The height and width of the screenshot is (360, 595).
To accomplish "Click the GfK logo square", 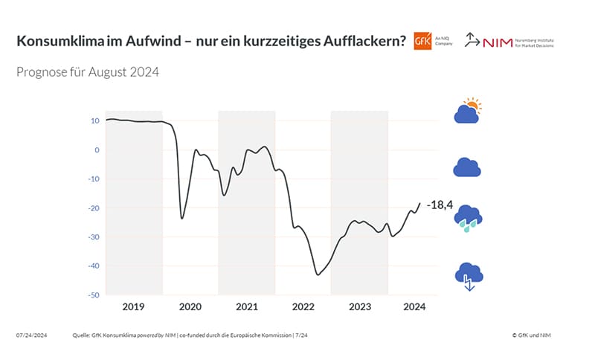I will coord(422,41).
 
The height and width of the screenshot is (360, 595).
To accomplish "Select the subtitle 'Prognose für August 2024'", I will coord(88,73).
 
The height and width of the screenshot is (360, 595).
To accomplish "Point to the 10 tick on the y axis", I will coord(95,120).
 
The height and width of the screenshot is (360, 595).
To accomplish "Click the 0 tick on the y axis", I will coord(97,150).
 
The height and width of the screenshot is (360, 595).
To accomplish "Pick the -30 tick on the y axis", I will coord(94,237).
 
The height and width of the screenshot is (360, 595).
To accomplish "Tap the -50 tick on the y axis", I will coord(94,295).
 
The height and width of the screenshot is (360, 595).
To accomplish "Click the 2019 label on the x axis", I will coord(134,306).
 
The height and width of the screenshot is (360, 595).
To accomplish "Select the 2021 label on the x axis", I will coord(246,306).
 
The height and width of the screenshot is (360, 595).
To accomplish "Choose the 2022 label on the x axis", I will coord(303,306).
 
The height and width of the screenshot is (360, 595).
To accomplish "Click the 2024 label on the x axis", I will coord(414,306).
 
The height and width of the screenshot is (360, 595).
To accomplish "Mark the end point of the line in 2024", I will coord(420,203).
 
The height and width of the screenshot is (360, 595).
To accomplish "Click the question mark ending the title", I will coord(402,42).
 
